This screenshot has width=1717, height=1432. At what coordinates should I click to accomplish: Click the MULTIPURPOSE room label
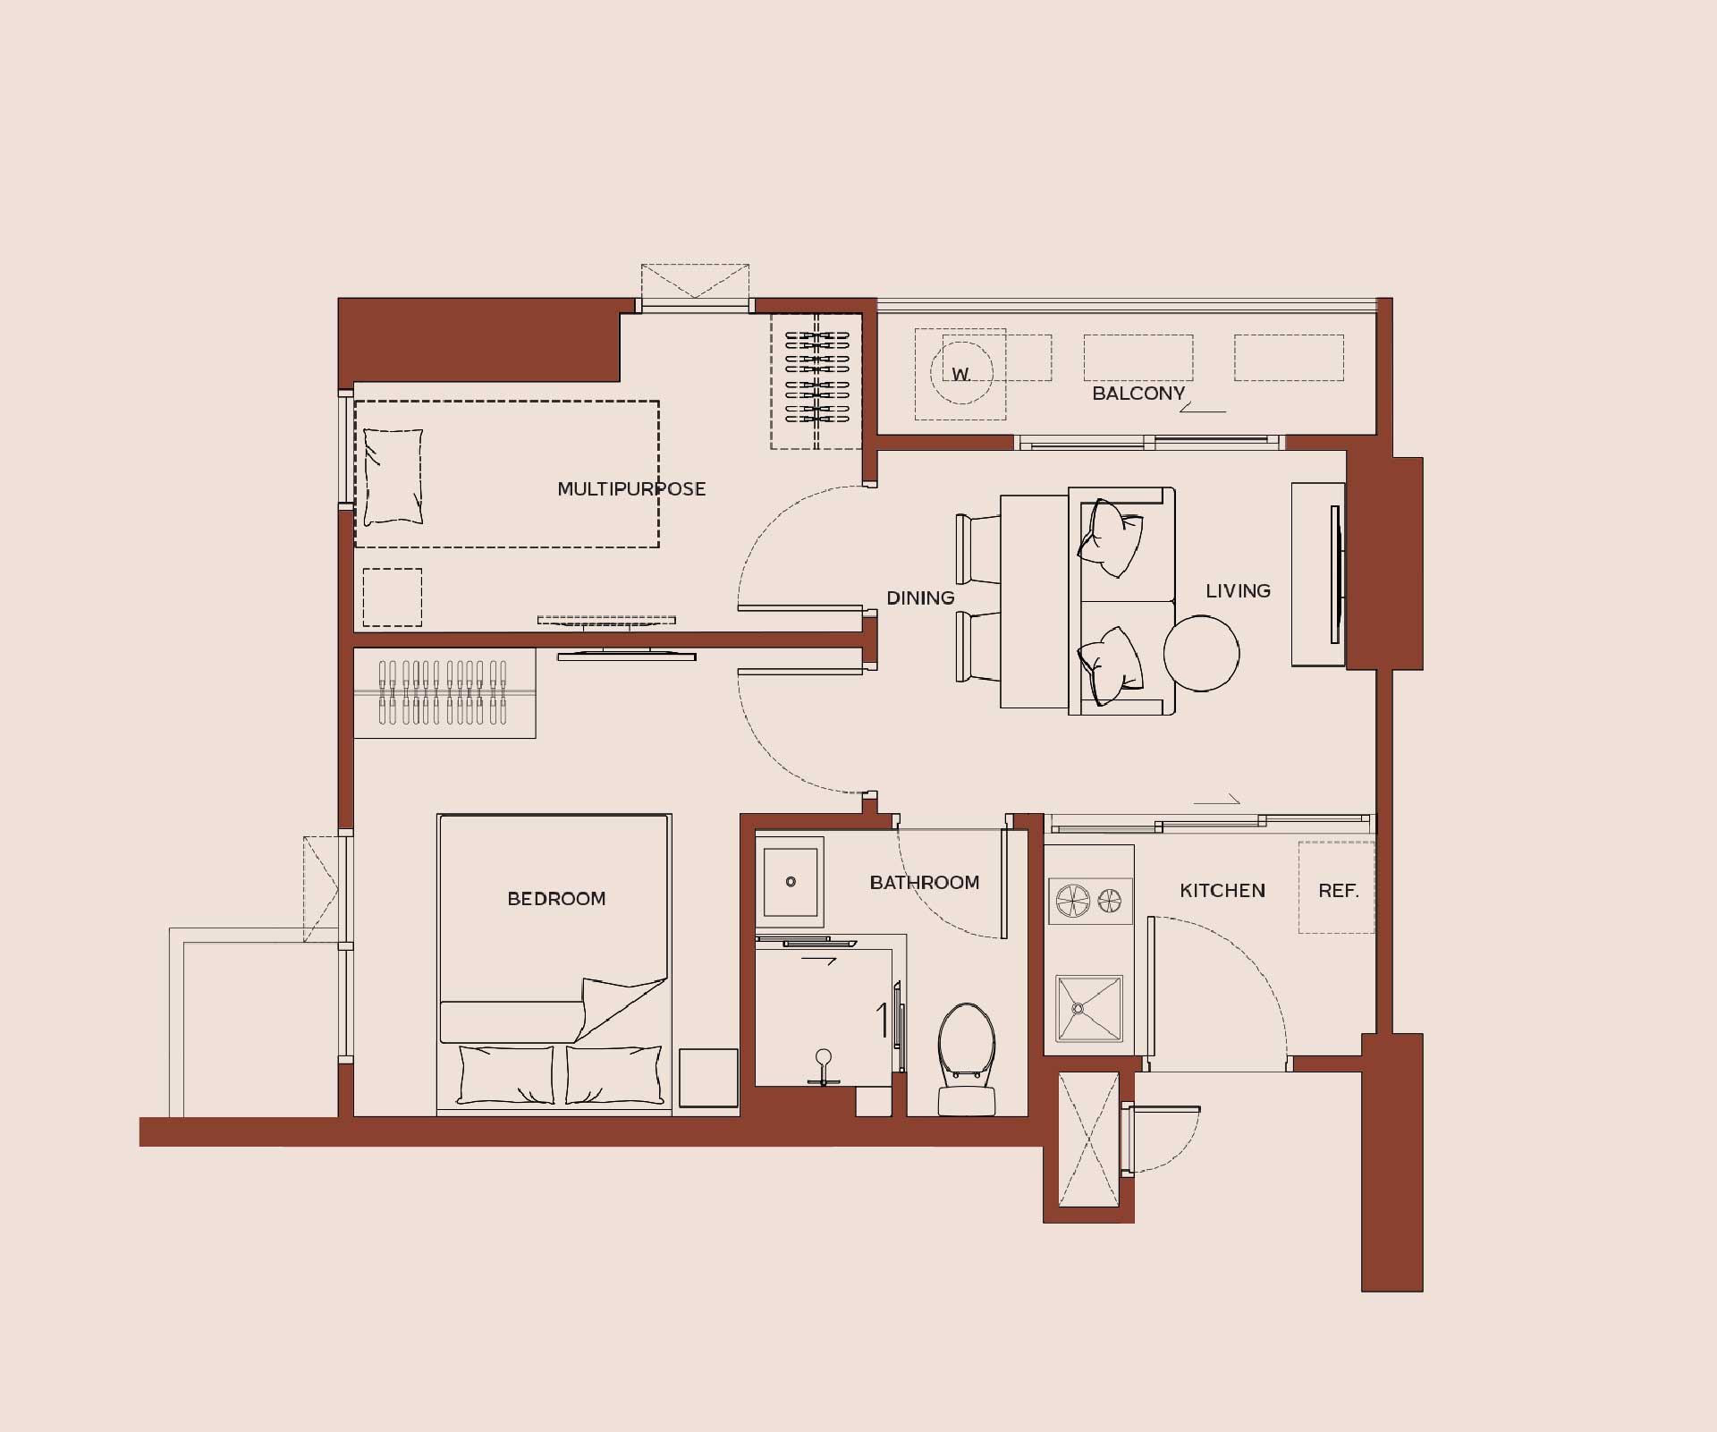(x=631, y=489)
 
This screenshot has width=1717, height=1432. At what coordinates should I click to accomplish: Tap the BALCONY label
(x=1138, y=394)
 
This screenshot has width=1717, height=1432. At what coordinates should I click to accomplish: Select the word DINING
(x=920, y=597)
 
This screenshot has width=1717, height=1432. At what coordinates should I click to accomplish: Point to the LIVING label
(x=1238, y=590)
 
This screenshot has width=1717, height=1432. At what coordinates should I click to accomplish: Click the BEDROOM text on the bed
(x=556, y=898)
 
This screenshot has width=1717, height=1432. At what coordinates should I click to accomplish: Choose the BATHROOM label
(x=925, y=883)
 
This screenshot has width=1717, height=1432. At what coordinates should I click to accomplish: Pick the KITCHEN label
(x=1222, y=891)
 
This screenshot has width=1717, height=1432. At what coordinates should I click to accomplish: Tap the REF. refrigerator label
(x=1339, y=891)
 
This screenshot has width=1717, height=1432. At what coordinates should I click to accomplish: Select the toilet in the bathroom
(x=967, y=1059)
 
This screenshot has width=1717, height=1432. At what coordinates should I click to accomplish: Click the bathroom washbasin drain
(x=791, y=882)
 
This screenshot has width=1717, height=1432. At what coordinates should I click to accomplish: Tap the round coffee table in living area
(x=1201, y=653)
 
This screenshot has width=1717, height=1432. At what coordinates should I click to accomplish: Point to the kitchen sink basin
(x=1088, y=1009)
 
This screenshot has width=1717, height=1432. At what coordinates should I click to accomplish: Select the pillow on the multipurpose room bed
(x=393, y=477)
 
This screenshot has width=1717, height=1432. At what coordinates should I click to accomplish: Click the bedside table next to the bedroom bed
(x=708, y=1078)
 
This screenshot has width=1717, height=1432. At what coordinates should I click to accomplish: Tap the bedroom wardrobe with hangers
(x=444, y=693)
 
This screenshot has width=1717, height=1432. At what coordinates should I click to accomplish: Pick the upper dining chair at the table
(x=978, y=549)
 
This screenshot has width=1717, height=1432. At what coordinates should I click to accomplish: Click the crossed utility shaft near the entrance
(x=1088, y=1140)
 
